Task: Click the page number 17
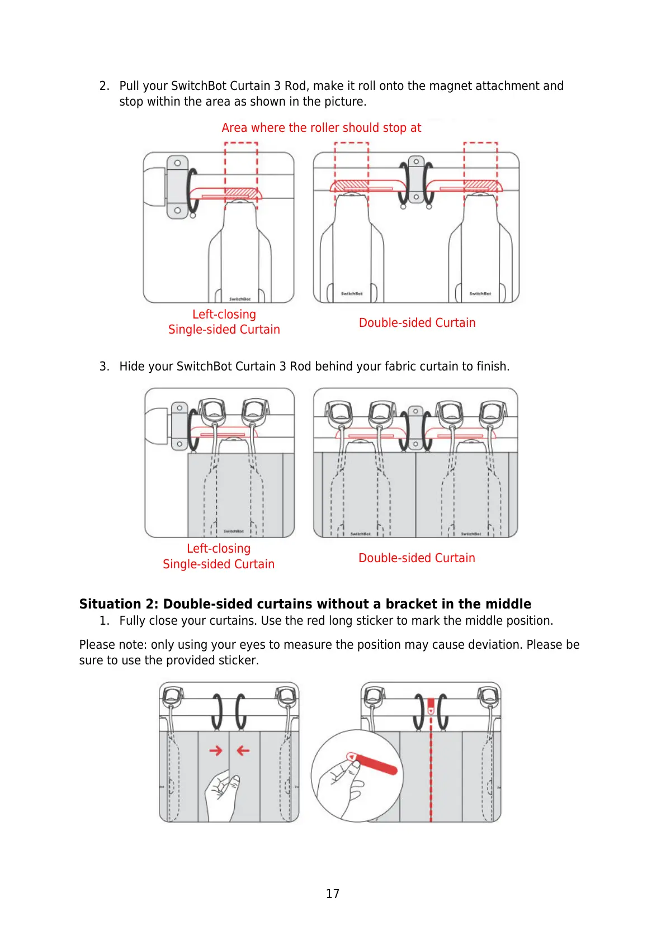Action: pos(332,894)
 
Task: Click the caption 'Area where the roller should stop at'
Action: pos(321,128)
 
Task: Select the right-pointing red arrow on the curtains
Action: pos(216,750)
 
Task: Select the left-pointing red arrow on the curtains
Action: pos(243,750)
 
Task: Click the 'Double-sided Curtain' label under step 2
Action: pos(417,323)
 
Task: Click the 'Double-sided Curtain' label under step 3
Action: pos(417,558)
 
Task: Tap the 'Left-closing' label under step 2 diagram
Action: pos(224,315)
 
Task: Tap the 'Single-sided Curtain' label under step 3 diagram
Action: pos(219,564)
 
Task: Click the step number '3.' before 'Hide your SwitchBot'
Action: pos(104,367)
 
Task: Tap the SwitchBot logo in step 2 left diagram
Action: pos(240,299)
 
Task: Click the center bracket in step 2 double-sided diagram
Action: pos(415,180)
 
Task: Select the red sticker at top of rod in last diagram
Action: pos(431,706)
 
